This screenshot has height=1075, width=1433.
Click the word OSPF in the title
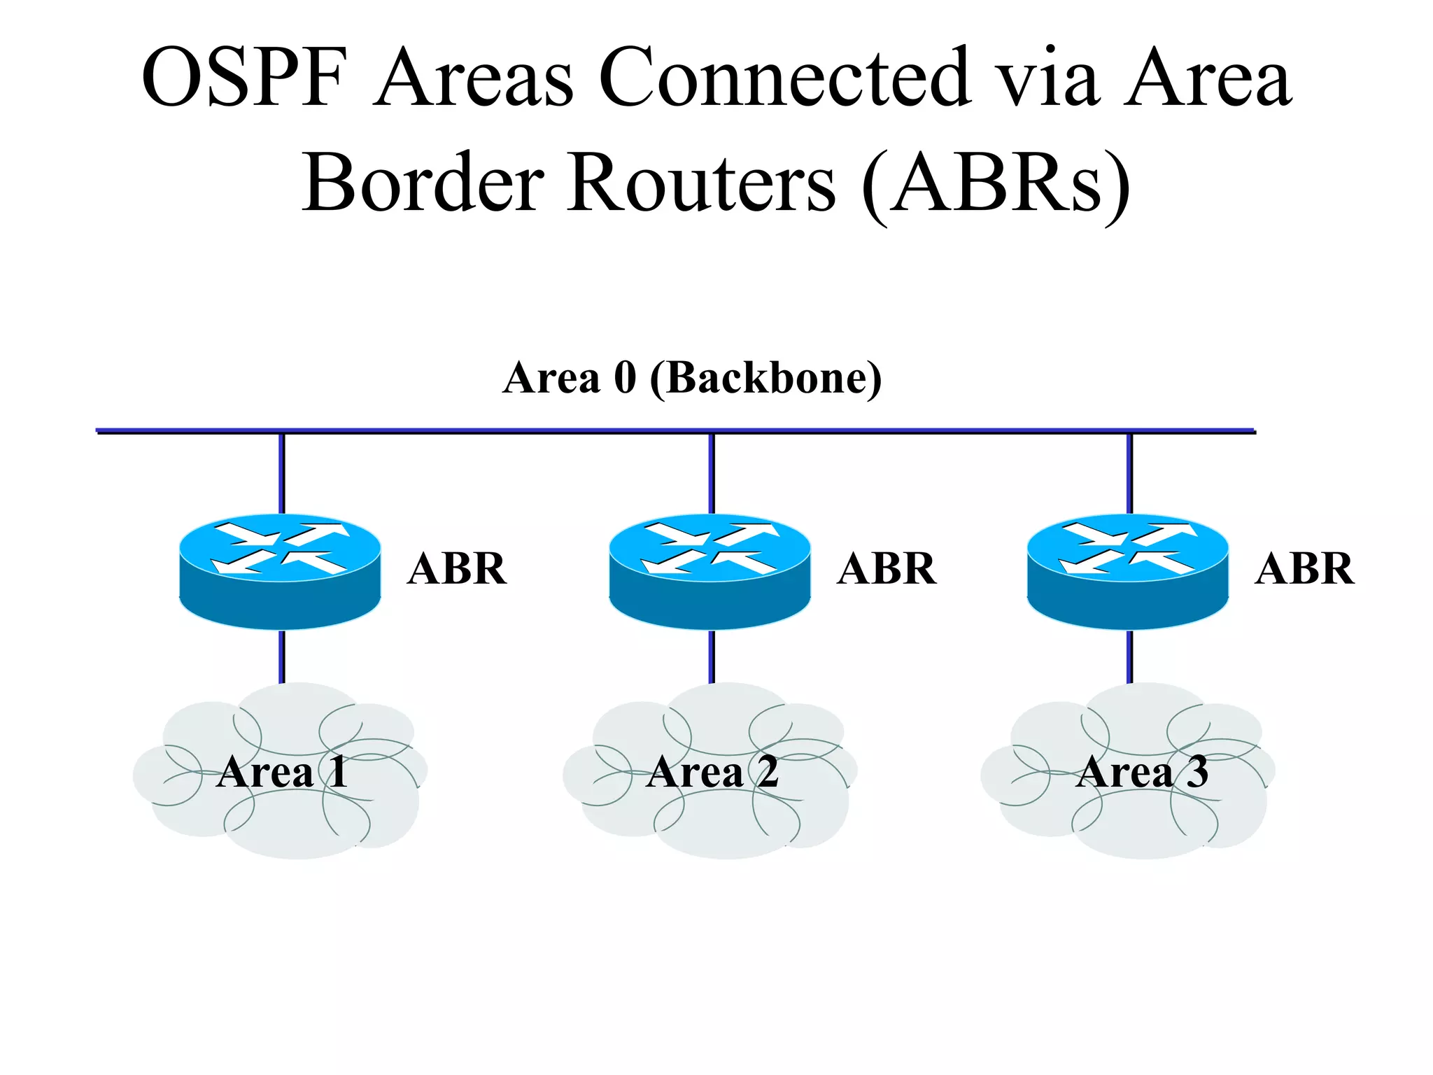click(x=245, y=77)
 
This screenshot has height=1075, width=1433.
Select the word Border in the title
click(x=423, y=183)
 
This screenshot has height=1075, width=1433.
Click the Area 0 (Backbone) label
click(x=692, y=378)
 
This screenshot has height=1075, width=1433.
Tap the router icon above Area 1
click(x=280, y=570)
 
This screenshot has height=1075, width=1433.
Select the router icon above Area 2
click(x=710, y=570)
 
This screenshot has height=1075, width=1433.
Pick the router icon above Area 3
click(x=1127, y=570)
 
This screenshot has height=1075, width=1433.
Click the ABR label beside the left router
click(x=457, y=568)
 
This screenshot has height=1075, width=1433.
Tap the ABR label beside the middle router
click(x=887, y=568)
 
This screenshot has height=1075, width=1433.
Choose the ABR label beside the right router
click(x=1304, y=568)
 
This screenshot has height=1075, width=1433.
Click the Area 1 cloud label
click(x=282, y=772)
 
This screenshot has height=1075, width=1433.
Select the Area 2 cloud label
click(x=712, y=772)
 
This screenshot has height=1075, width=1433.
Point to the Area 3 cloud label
click(x=1142, y=772)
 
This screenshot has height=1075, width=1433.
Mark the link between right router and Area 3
click(x=1129, y=656)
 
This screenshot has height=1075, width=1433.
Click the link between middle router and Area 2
click(x=712, y=656)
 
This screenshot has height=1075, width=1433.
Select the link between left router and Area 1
click(x=282, y=656)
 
